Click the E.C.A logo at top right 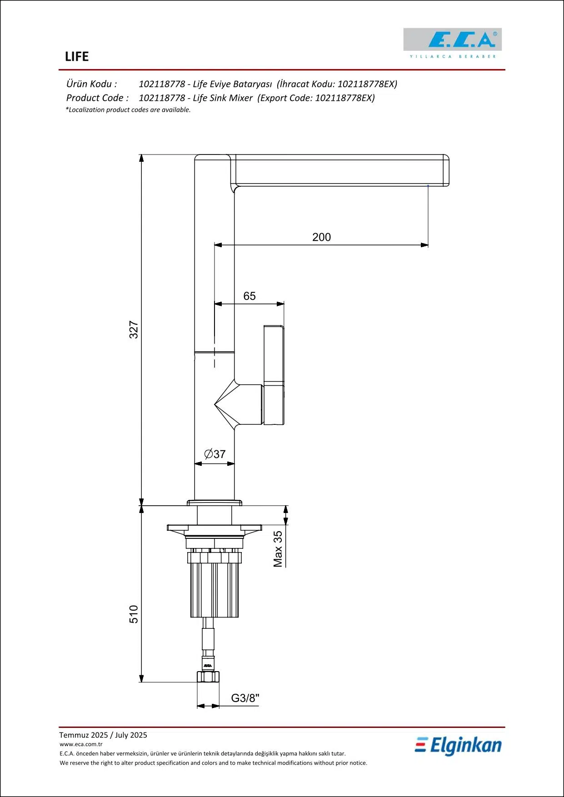pyautogui.click(x=453, y=43)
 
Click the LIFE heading pyautogui.click(x=77, y=56)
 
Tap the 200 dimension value pyautogui.click(x=321, y=237)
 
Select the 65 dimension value pyautogui.click(x=249, y=296)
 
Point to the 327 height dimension pyautogui.click(x=134, y=329)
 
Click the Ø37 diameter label pyautogui.click(x=215, y=454)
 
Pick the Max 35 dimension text pyautogui.click(x=278, y=549)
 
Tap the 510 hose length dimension pyautogui.click(x=134, y=614)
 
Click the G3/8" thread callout pyautogui.click(x=245, y=698)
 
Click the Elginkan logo pyautogui.click(x=458, y=746)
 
